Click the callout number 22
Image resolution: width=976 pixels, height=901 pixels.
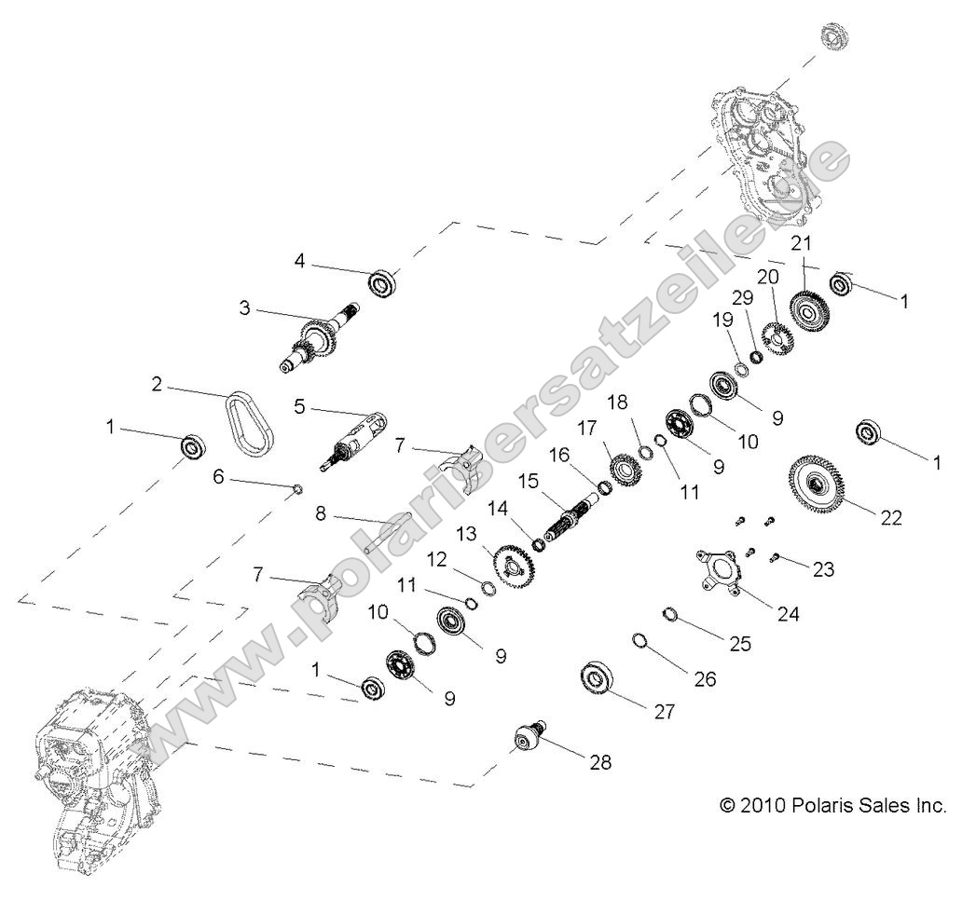click(x=891, y=518)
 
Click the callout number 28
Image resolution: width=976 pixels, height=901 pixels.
click(x=600, y=761)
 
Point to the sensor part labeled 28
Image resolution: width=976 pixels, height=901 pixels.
click(x=528, y=739)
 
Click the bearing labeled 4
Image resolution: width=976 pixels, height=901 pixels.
click(x=382, y=281)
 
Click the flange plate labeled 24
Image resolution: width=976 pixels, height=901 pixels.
click(x=723, y=569)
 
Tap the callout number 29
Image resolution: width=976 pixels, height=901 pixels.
click(x=743, y=298)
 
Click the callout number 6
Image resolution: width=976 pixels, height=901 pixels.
click(x=218, y=476)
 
